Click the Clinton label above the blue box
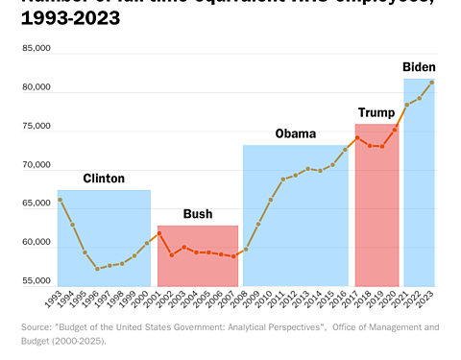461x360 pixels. [x=104, y=179]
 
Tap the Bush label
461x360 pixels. [x=198, y=214]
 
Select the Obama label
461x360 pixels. [x=295, y=133]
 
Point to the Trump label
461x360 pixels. [x=377, y=112]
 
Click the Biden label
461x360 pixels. [x=419, y=67]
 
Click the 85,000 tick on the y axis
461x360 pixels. [x=36, y=48]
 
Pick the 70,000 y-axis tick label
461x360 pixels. [x=36, y=165]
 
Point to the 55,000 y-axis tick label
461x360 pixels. [x=36, y=281]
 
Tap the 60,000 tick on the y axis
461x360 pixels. [x=36, y=242]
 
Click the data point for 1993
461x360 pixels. [x=60, y=200]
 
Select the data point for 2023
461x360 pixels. [x=432, y=82]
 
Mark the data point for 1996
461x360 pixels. [x=97, y=269]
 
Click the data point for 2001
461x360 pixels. [x=159, y=233]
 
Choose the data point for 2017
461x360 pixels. [x=357, y=137]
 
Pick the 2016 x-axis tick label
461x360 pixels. [x=343, y=300]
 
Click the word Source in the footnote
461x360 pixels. [x=36, y=327]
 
